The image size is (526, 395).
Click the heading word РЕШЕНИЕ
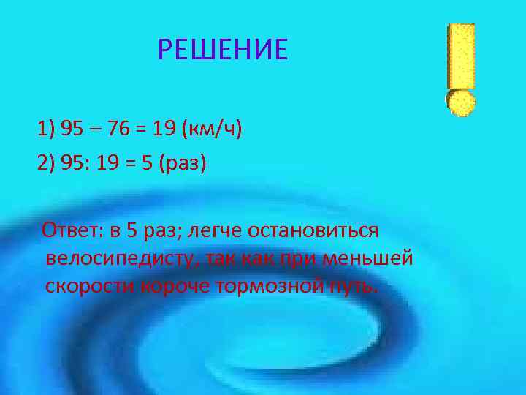tap(223, 50)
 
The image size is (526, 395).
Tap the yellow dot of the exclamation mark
tap(461, 102)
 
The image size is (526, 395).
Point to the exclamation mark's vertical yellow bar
tap(462, 55)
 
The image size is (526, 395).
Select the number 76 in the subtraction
tap(118, 129)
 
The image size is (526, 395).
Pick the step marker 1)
tap(46, 129)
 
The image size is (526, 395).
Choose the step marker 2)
tap(46, 162)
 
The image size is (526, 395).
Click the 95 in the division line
tap(75, 162)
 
